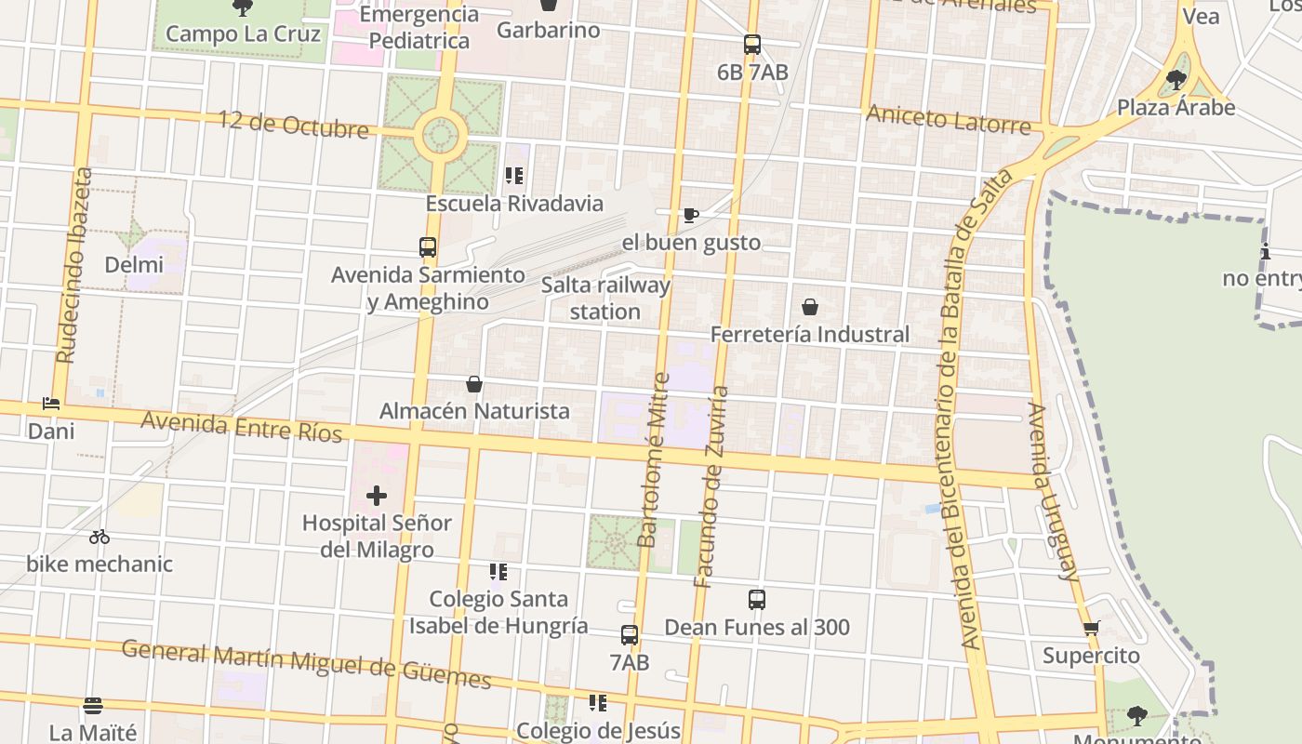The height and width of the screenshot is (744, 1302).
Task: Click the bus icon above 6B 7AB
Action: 751,45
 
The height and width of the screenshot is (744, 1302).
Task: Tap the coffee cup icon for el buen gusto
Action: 690,216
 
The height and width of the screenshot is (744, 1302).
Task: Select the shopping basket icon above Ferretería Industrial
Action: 810,307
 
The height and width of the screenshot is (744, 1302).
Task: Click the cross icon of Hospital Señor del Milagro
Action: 376,496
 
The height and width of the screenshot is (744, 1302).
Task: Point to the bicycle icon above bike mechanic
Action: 100,537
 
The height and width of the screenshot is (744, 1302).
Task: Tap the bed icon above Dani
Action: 51,404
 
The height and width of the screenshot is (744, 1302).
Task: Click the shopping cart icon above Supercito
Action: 1092,628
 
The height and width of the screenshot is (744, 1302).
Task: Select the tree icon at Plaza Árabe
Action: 1176,80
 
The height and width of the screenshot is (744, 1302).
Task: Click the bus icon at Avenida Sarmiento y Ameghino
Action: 428,247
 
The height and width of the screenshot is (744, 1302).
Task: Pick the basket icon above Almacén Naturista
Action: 474,383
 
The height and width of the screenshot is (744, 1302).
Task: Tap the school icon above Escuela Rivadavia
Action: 513,175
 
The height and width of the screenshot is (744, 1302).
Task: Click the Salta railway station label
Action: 605,298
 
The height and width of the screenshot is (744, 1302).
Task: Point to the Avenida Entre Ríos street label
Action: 241,427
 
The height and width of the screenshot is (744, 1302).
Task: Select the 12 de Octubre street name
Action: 293,124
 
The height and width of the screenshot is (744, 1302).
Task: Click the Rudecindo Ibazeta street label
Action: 74,265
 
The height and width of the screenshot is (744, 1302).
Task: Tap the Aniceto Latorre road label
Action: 949,119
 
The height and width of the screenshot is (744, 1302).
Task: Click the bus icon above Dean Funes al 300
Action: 757,600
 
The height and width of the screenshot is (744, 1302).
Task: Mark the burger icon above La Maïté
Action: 92,706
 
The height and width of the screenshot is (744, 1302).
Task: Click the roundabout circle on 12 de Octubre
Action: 439,136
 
